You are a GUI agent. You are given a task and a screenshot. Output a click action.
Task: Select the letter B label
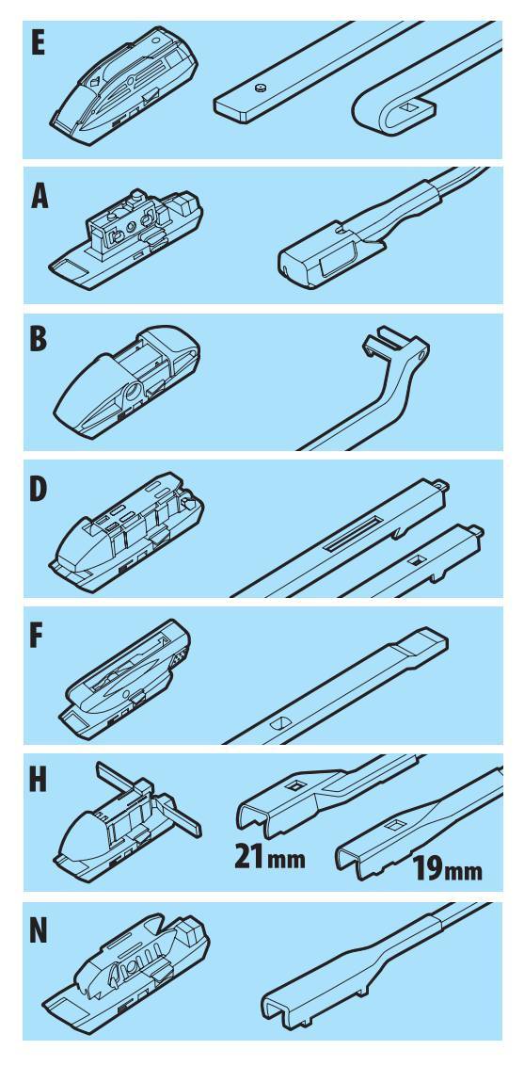[x=39, y=340]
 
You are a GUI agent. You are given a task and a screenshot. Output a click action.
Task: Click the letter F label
[x=38, y=636]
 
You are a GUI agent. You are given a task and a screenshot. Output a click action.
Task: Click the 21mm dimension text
[x=269, y=856]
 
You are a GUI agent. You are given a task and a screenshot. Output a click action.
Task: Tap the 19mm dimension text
[x=447, y=870]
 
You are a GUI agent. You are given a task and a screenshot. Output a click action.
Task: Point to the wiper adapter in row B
[x=128, y=382]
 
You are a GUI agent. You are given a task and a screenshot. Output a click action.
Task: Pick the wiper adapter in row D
[x=127, y=530]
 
